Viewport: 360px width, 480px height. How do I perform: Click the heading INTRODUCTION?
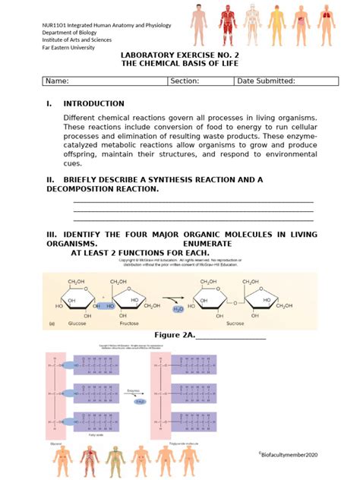[93, 103]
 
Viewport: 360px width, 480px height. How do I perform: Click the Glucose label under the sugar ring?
[78, 323]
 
